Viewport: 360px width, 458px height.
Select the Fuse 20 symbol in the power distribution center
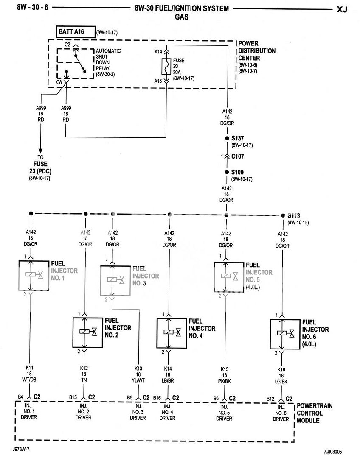[x=166, y=67]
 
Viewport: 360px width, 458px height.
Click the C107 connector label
[x=238, y=156]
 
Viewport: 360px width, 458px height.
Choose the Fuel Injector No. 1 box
[x=31, y=276]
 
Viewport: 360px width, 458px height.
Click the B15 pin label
[x=73, y=398]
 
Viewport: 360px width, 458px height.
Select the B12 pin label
[x=270, y=399]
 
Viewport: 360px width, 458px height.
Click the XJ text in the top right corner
[x=342, y=9]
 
